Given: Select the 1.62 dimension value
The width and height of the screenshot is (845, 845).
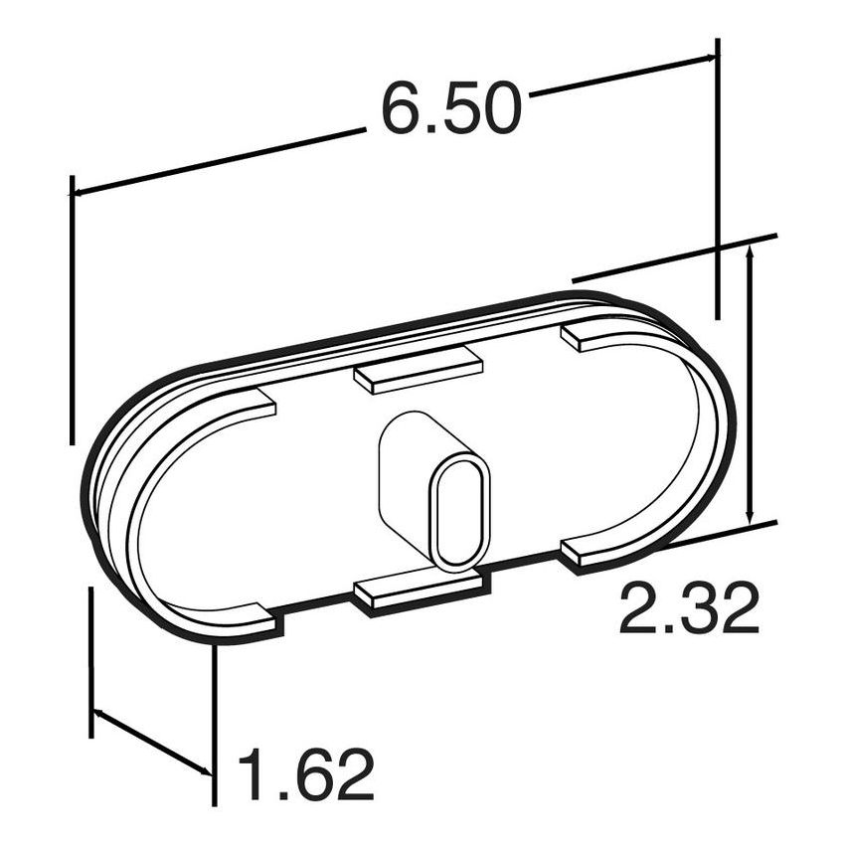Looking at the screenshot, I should [306, 774].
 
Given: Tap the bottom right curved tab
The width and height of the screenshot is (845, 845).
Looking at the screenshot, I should [596, 552].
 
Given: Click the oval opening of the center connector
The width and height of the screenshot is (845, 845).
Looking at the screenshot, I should [460, 509].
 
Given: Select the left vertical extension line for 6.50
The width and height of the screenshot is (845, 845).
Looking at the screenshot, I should [72, 308].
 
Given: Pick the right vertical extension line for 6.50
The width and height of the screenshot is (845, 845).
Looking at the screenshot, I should [717, 179].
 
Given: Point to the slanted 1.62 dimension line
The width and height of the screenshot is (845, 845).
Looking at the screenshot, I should [151, 742].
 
